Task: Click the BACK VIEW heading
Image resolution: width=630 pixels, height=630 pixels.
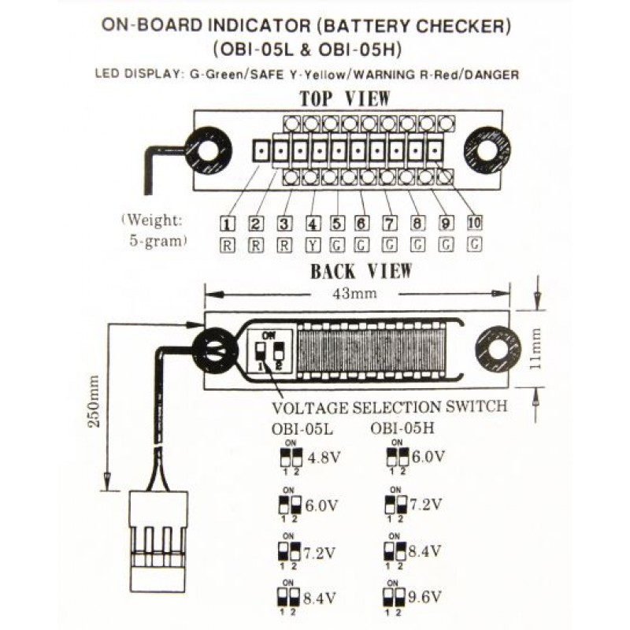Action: click(360, 272)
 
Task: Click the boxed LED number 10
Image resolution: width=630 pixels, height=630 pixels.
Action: click(474, 223)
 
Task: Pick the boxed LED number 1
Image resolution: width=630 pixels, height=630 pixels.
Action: click(228, 223)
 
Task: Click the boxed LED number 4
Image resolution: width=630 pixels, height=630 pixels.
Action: click(313, 223)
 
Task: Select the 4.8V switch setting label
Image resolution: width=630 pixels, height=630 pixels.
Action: click(323, 457)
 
